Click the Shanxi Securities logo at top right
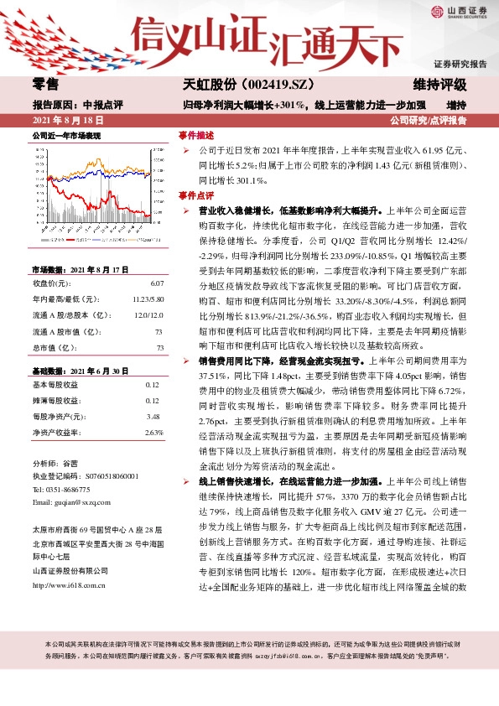click(460, 13)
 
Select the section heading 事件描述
click(196, 135)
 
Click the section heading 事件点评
click(196, 195)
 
